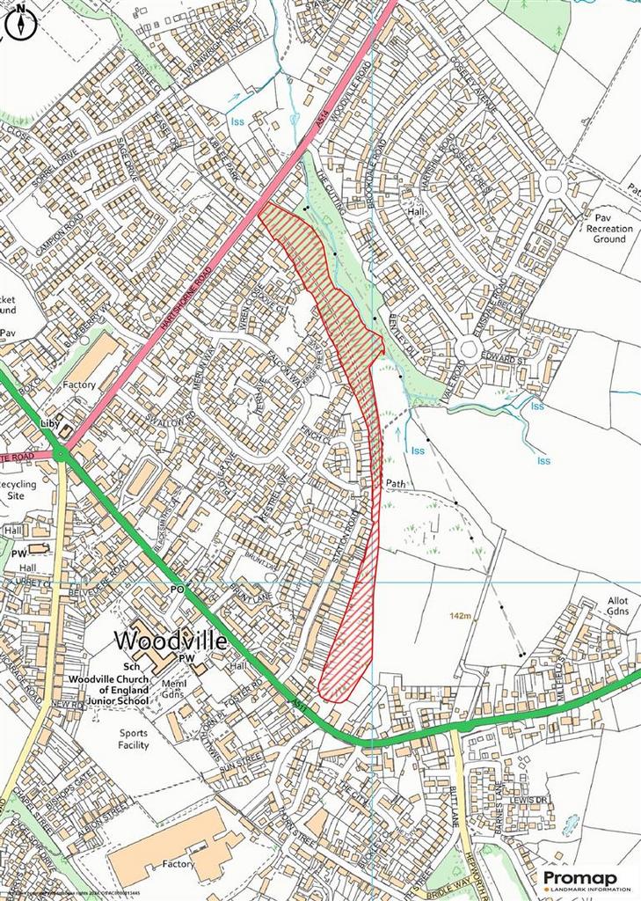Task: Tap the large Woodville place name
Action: (171, 640)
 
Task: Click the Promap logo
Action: (586, 880)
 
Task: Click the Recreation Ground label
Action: (609, 234)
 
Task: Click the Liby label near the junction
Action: (48, 423)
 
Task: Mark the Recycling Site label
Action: (18, 490)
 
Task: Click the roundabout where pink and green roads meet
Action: (60, 454)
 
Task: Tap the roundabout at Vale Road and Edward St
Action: (468, 349)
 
